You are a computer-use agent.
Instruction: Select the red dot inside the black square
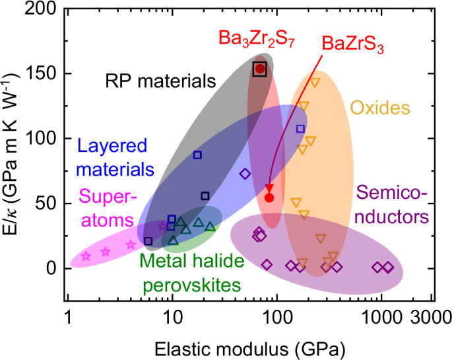(x=260, y=69)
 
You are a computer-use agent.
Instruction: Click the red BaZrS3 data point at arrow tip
(x=269, y=198)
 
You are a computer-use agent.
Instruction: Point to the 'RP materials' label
(x=161, y=81)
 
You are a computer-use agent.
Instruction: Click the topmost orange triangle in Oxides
(x=315, y=83)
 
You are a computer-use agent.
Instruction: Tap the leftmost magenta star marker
(x=86, y=256)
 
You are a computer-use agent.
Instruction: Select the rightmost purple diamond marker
(x=388, y=268)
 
